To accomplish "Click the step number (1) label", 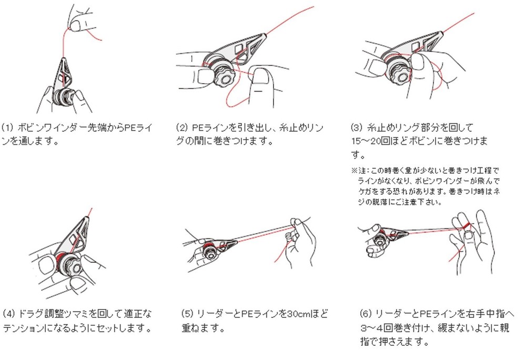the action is tap(7, 128).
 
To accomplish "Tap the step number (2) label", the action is tap(181, 128).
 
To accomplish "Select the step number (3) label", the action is tap(357, 127).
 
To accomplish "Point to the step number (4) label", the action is tap(9, 314).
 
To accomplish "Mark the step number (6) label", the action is tap(366, 314).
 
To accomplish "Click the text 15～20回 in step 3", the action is tap(370, 141).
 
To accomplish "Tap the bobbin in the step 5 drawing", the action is tap(208, 251).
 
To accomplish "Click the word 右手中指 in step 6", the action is tap(480, 314).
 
